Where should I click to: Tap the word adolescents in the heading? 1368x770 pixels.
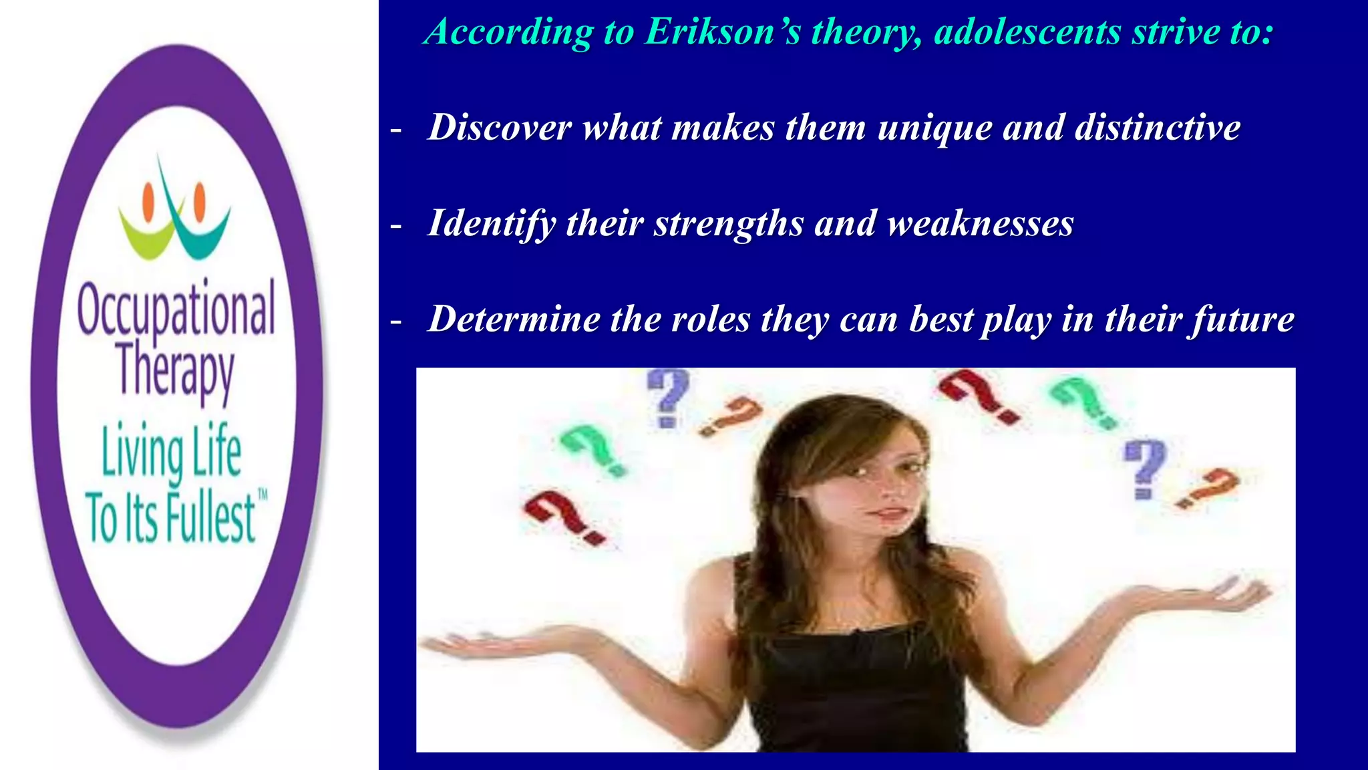pyautogui.click(x=1027, y=32)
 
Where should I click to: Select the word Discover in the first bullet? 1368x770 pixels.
pyautogui.click(x=500, y=127)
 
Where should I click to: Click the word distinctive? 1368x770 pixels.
pyautogui.click(x=1157, y=127)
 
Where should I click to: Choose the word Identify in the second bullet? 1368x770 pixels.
pyautogui.click(x=491, y=224)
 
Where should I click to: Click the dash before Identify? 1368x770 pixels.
pyautogui.click(x=396, y=226)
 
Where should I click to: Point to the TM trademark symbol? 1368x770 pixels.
pyautogui.click(x=263, y=495)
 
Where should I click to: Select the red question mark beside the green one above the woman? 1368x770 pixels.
pyautogui.click(x=979, y=396)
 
